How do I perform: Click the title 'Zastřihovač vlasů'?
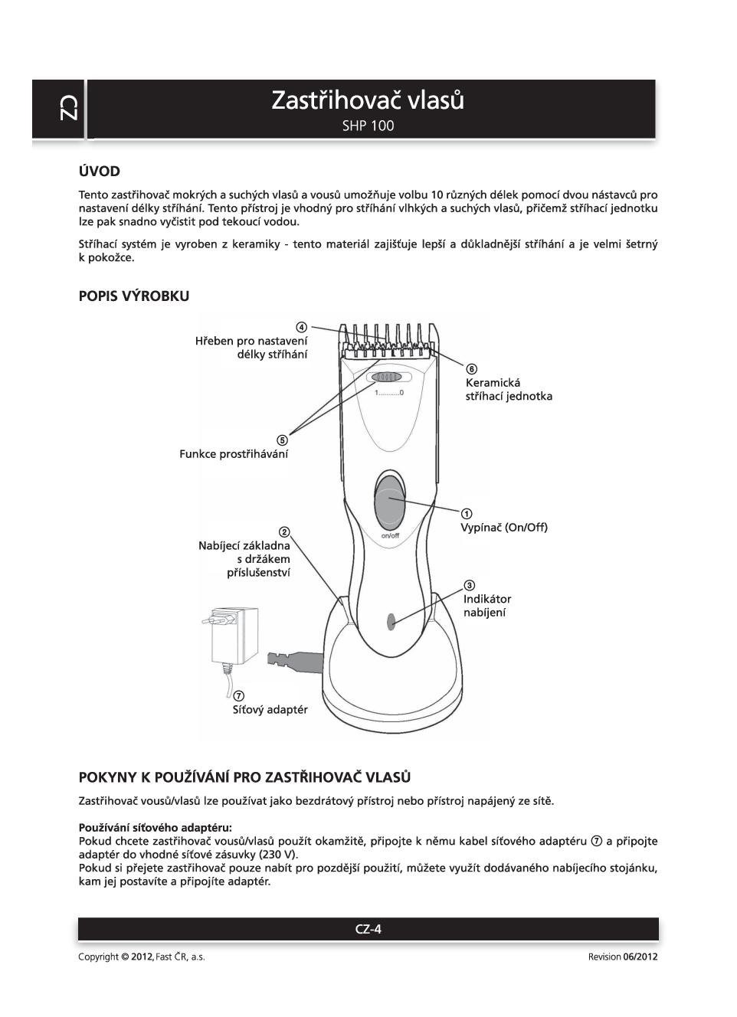click(x=368, y=100)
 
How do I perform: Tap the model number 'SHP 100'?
click(x=368, y=126)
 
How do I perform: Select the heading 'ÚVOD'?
click(x=99, y=172)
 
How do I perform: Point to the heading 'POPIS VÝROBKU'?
click(x=133, y=296)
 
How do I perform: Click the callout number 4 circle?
click(x=302, y=327)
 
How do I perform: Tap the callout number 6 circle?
click(x=471, y=369)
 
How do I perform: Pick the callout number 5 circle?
click(x=282, y=440)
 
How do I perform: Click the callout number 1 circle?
click(x=466, y=513)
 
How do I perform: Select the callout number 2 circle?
click(x=284, y=532)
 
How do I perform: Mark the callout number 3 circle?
click(x=469, y=586)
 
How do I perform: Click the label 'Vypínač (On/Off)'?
click(x=503, y=528)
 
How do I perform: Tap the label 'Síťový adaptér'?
click(x=270, y=710)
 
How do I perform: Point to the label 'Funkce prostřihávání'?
click(x=234, y=454)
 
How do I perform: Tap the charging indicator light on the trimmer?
click(x=391, y=621)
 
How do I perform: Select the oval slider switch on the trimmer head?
click(x=387, y=377)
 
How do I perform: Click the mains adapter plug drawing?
click(x=234, y=636)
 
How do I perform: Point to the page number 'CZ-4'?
click(x=368, y=930)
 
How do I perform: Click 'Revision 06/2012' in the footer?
click(x=622, y=957)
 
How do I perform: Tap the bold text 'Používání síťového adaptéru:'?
click(x=155, y=827)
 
